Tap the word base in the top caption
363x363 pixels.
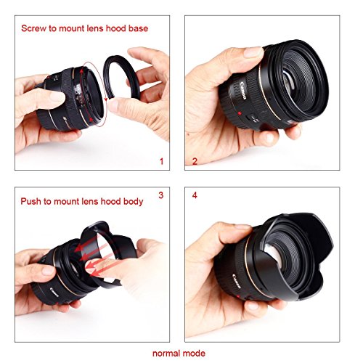[138, 28]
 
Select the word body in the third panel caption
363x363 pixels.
[133, 202]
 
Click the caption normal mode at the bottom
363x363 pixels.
[179, 354]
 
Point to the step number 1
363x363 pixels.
[162, 161]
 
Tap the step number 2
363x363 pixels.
[195, 161]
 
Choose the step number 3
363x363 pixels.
[161, 195]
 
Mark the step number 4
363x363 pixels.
[195, 195]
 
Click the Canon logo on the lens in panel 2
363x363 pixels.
[243, 91]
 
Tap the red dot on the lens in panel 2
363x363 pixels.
[240, 113]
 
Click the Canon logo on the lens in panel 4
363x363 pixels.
[237, 281]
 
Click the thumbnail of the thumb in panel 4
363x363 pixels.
[242, 227]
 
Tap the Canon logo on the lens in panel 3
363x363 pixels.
[54, 292]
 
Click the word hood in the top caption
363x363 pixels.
[115, 28]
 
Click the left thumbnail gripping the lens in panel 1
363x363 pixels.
[57, 97]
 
